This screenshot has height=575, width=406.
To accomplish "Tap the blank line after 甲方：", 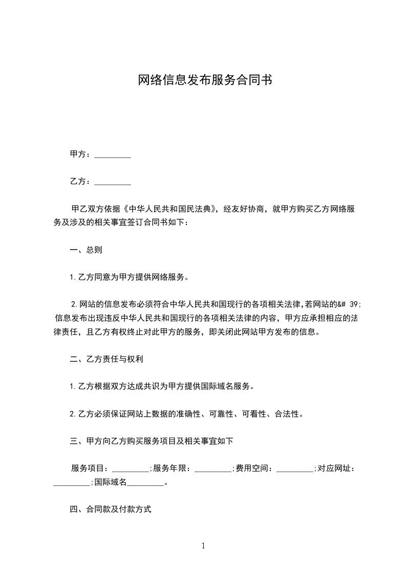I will click(113, 154).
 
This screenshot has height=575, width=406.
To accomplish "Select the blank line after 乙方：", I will click(113, 181).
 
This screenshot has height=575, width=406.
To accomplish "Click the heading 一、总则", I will click(86, 250).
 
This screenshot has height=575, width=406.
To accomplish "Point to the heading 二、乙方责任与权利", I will click(106, 359).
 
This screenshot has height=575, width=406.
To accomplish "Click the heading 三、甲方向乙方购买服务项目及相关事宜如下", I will click(152, 441).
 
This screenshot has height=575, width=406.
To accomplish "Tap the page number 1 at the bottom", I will click(203, 546).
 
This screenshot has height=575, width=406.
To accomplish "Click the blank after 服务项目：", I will click(130, 468).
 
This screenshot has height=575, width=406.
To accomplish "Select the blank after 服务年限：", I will click(213, 468).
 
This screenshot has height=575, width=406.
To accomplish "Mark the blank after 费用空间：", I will click(294, 468).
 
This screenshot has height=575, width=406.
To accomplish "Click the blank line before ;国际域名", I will click(72, 482).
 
